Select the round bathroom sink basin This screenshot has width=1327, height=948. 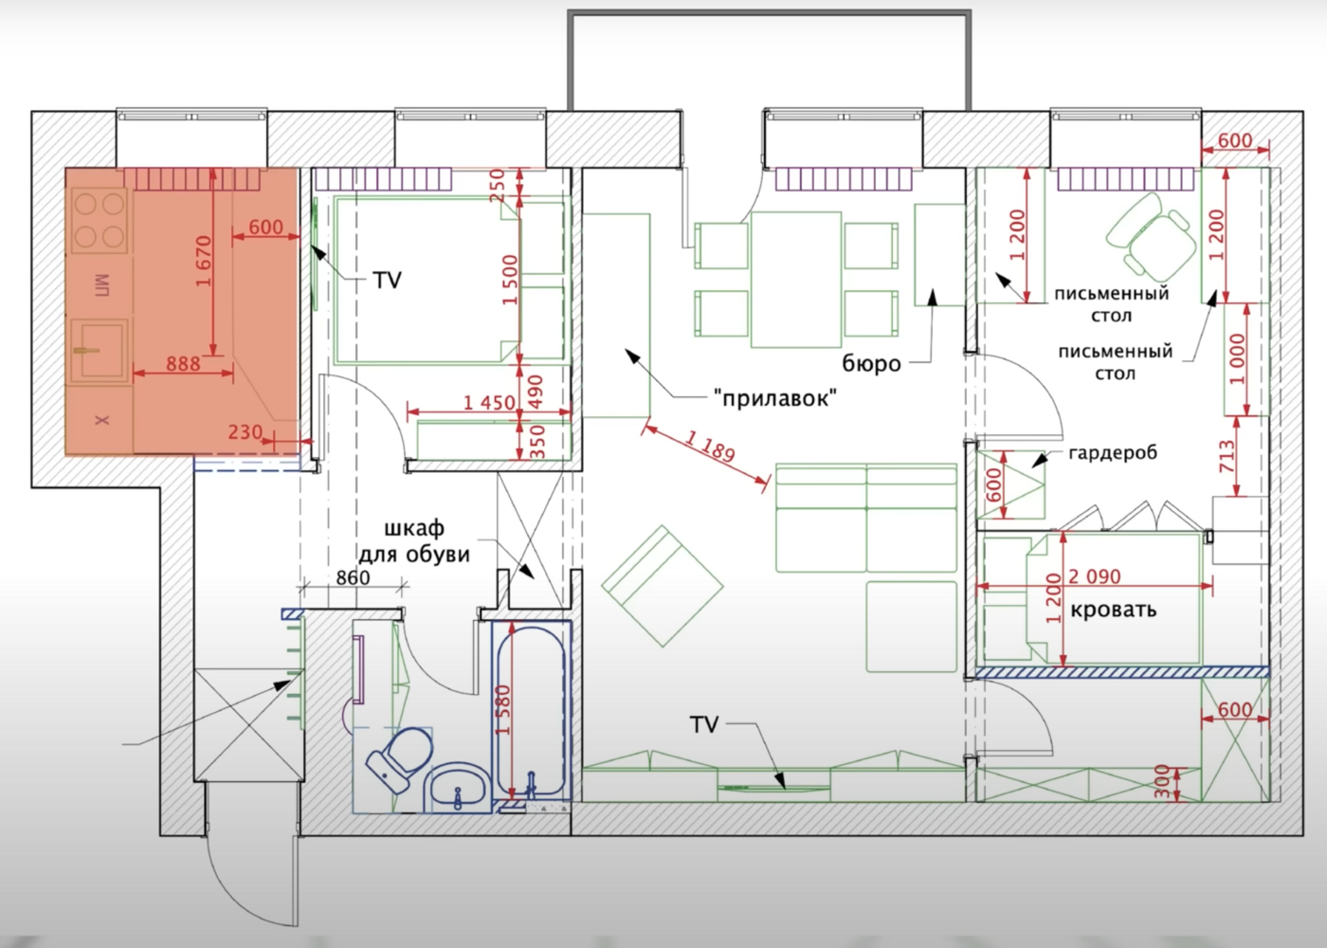click(459, 788)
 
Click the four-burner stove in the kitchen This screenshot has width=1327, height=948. click(100, 220)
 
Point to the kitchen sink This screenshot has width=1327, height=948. click(99, 349)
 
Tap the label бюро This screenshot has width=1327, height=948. click(871, 364)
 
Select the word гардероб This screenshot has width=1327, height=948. click(1113, 453)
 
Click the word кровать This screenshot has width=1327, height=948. click(1113, 610)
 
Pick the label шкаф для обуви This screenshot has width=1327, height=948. click(414, 541)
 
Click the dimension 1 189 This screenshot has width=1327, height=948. click(710, 447)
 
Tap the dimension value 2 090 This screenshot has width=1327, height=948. click(1094, 576)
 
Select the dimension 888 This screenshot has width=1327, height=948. click(183, 363)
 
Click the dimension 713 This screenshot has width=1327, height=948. click(1227, 456)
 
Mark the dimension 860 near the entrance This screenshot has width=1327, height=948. click(353, 577)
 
